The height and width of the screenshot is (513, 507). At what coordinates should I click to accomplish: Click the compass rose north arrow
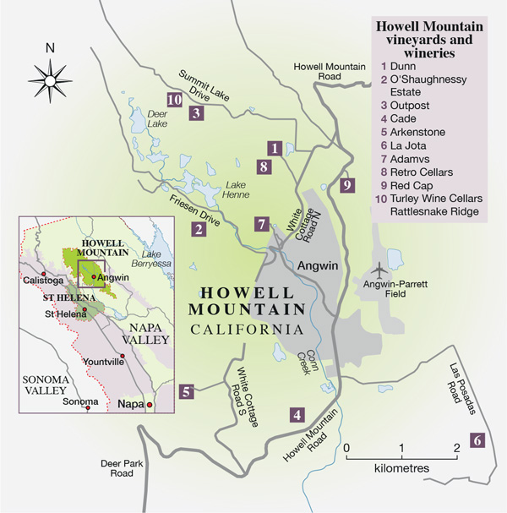point(51,79)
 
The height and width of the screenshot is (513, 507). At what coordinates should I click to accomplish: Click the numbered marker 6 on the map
point(477,439)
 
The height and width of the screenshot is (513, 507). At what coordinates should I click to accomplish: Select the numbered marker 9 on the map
point(346,185)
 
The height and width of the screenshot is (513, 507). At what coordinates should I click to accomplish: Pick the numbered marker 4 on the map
point(297,414)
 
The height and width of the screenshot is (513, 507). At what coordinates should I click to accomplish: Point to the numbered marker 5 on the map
point(187,390)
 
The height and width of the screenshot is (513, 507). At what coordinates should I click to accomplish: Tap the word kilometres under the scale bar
point(401,467)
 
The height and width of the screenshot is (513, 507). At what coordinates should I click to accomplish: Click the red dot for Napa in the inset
point(150,405)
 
